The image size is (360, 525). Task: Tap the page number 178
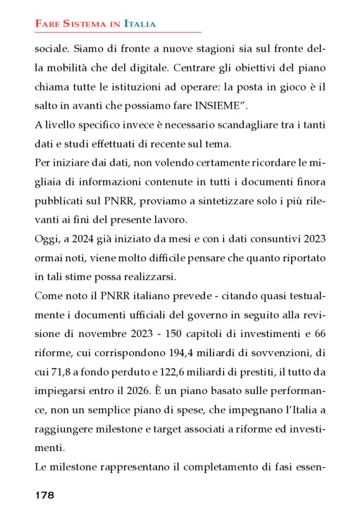[45, 495]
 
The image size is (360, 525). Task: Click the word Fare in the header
[47, 24]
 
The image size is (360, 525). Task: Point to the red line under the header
[118, 32]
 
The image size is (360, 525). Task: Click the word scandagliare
[235, 125]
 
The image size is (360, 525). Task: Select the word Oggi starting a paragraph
[46, 238]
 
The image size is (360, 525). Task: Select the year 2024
[79, 238]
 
